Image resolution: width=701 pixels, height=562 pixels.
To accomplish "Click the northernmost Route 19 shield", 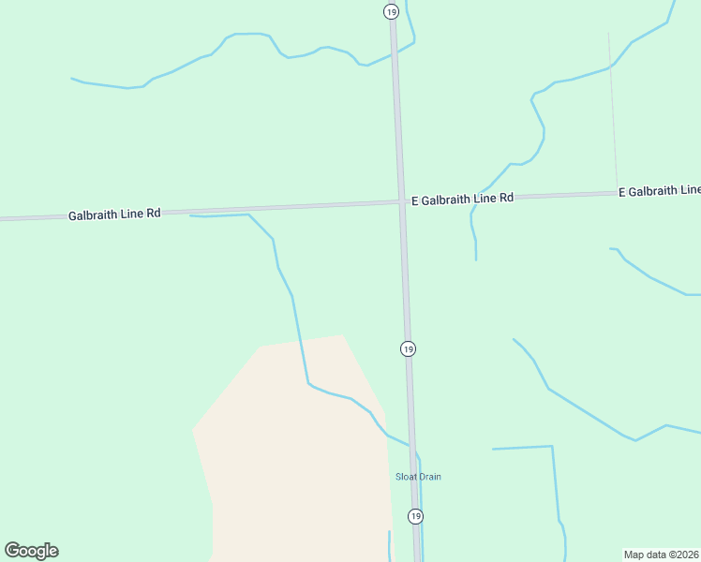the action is coord(391,11).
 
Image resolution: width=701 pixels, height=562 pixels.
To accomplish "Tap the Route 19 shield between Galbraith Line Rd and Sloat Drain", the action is coord(408,348).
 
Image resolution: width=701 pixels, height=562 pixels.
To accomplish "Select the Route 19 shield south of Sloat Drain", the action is coord(415,516).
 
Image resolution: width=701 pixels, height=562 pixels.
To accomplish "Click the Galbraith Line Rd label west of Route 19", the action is coord(114,214).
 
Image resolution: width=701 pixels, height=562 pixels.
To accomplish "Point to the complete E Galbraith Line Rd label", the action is coord(462,199).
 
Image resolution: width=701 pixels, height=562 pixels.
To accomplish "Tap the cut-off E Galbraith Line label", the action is coord(659,191).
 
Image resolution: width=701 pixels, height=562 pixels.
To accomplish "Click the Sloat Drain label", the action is coord(418,477).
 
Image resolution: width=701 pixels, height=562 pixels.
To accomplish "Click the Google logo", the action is coord(31,551).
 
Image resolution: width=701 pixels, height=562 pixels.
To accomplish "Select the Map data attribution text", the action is coord(662,555).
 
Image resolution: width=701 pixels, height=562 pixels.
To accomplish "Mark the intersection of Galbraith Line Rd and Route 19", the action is coord(401,201).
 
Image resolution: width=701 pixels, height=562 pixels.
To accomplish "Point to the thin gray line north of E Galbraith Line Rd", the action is coord(613,112).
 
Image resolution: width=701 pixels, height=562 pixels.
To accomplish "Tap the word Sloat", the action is coord(405,477).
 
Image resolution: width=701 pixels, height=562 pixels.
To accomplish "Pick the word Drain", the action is coord(429,477).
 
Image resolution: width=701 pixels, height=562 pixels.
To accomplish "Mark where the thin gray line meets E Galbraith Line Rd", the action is coord(618,193).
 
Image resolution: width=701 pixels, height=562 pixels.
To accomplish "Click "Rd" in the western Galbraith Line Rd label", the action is coord(154,213).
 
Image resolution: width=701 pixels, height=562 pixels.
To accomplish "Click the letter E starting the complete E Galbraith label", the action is coord(414,200).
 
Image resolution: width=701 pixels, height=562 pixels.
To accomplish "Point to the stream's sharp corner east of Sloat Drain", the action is coord(552,447).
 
